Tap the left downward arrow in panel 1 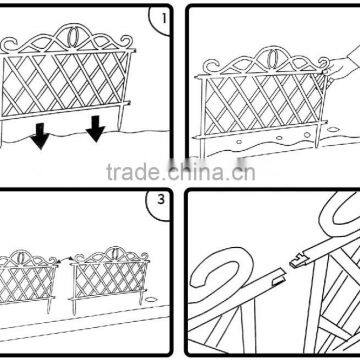pos(39,134)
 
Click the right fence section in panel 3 pos(103,275)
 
